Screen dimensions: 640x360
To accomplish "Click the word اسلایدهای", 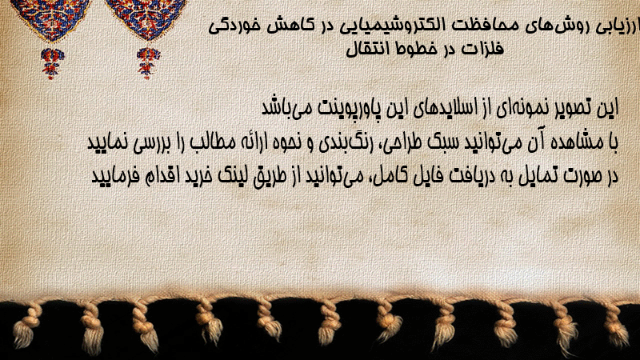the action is tap(443, 108).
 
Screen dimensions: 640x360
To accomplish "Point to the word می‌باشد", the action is tap(286, 108).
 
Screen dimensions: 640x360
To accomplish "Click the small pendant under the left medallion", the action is tap(52, 62).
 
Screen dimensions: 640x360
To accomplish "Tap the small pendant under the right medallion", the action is tap(148, 62).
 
